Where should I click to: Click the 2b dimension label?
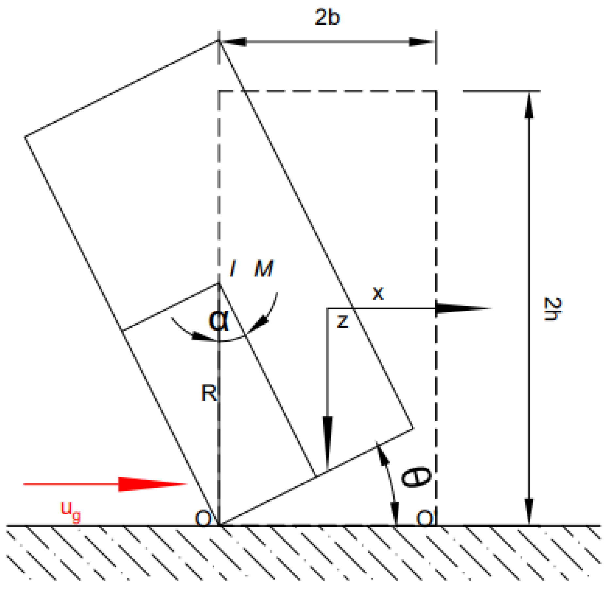327,17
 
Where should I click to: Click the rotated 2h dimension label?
552,309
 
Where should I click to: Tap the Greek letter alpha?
219,320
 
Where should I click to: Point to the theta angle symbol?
416,477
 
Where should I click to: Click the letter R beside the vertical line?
209,393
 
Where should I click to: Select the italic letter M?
264,269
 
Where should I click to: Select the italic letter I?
233,269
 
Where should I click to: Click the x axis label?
378,293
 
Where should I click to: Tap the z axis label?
343,321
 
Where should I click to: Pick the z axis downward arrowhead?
327,439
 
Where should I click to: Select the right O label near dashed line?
424,518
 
